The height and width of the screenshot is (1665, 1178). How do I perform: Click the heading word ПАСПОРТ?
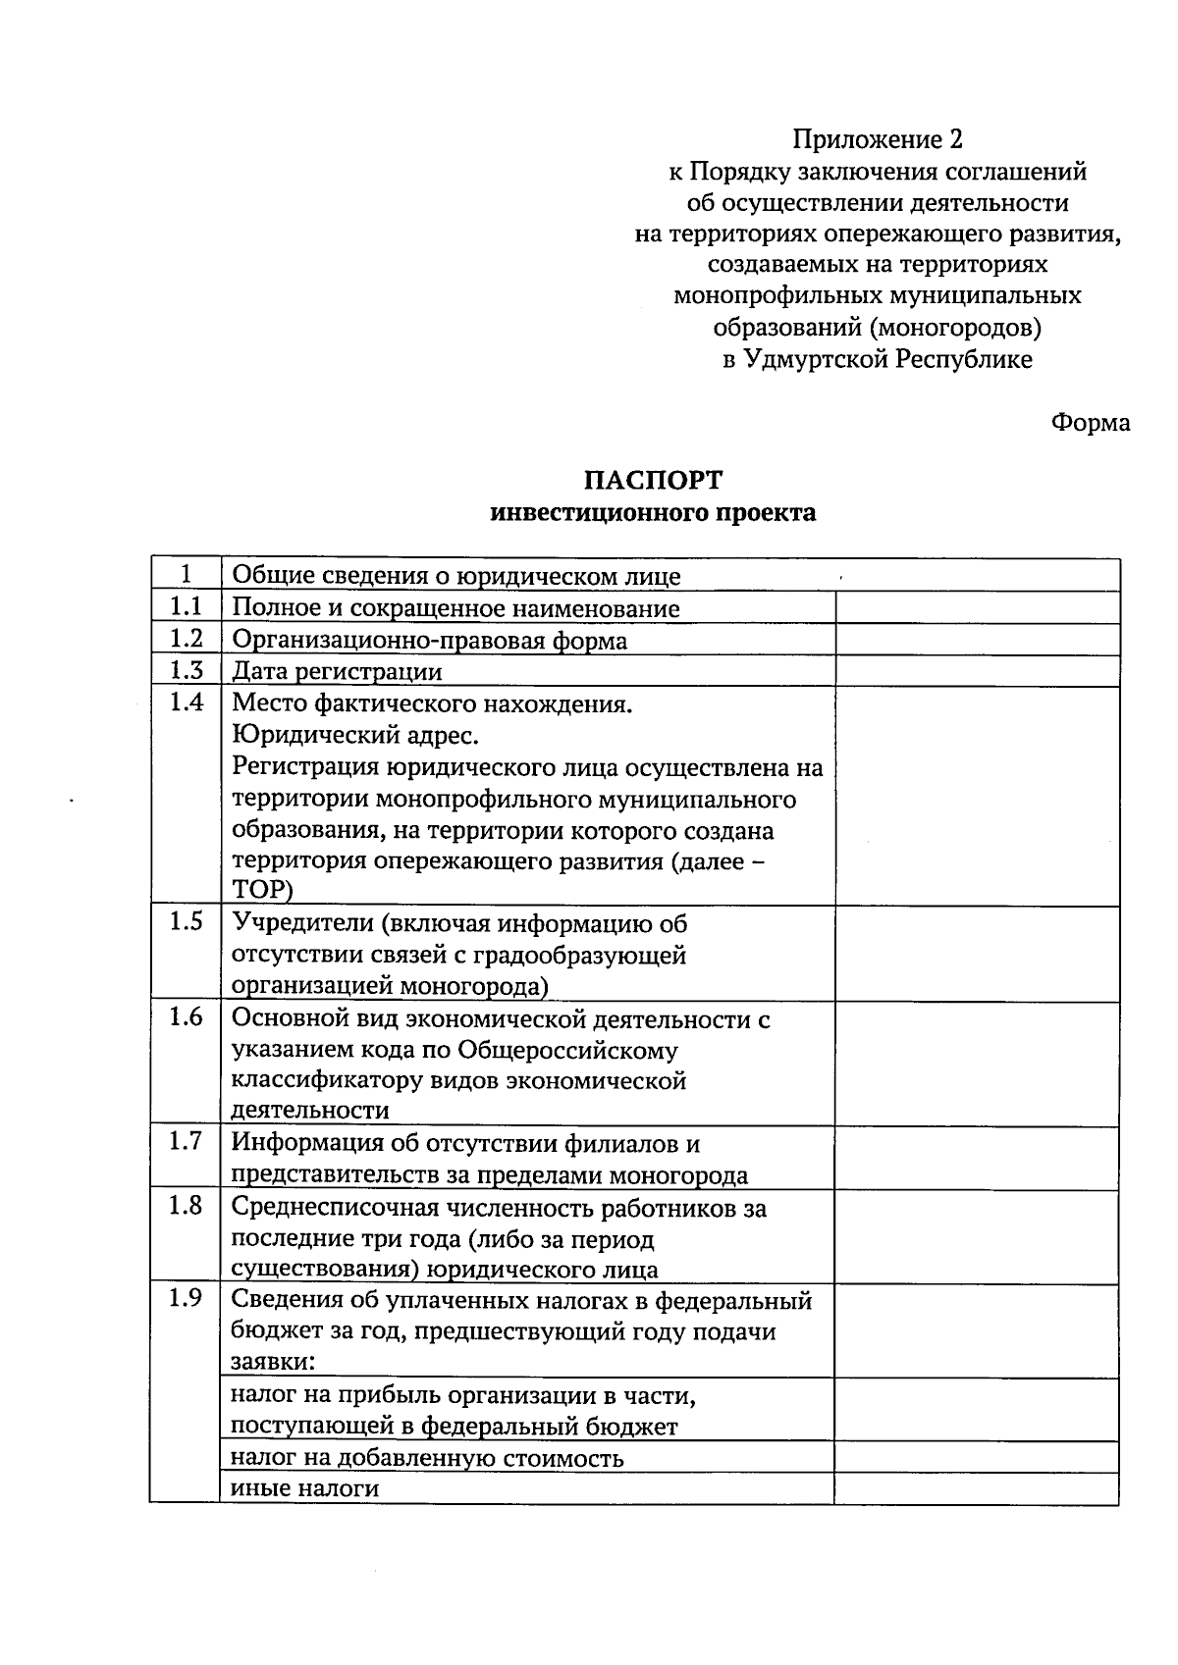653,480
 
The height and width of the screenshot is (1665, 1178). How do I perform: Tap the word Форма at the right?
1090,423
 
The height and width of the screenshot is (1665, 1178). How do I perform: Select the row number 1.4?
186,702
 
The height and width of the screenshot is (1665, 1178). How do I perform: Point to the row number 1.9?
186,1299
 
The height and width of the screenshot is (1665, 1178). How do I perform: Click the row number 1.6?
186,1017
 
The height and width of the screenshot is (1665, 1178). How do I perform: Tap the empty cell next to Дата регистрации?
977,671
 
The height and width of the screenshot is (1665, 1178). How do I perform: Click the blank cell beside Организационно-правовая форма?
977,640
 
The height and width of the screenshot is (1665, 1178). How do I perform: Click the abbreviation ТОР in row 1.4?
262,889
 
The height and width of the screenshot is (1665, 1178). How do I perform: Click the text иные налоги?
304,1488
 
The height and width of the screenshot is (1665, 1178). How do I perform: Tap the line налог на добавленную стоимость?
427,1457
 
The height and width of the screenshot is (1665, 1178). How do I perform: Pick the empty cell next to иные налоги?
977,1488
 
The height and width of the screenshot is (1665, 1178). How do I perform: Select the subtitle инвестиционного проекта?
653,512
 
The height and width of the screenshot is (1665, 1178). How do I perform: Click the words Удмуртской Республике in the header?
888,359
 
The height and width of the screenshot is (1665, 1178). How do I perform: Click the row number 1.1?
186,607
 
